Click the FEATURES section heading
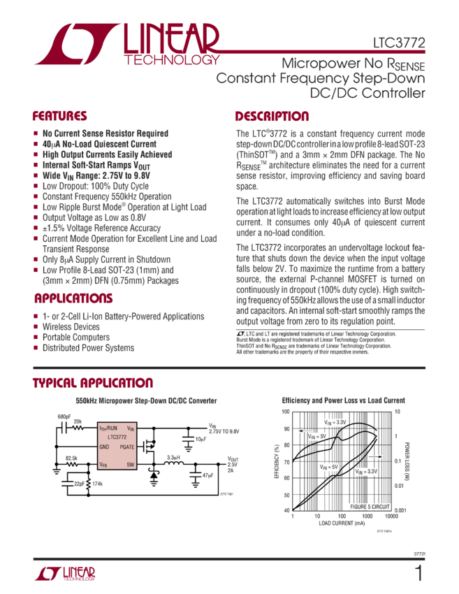point(59,116)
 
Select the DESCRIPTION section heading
point(272,116)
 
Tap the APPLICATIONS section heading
point(73,298)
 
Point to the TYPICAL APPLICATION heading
point(92,383)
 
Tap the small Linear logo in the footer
point(64,574)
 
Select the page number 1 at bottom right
point(419,574)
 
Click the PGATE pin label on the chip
point(127,446)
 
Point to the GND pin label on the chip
point(104,446)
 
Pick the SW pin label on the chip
point(131,463)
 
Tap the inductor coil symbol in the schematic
point(171,463)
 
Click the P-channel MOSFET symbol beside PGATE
point(147,444)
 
